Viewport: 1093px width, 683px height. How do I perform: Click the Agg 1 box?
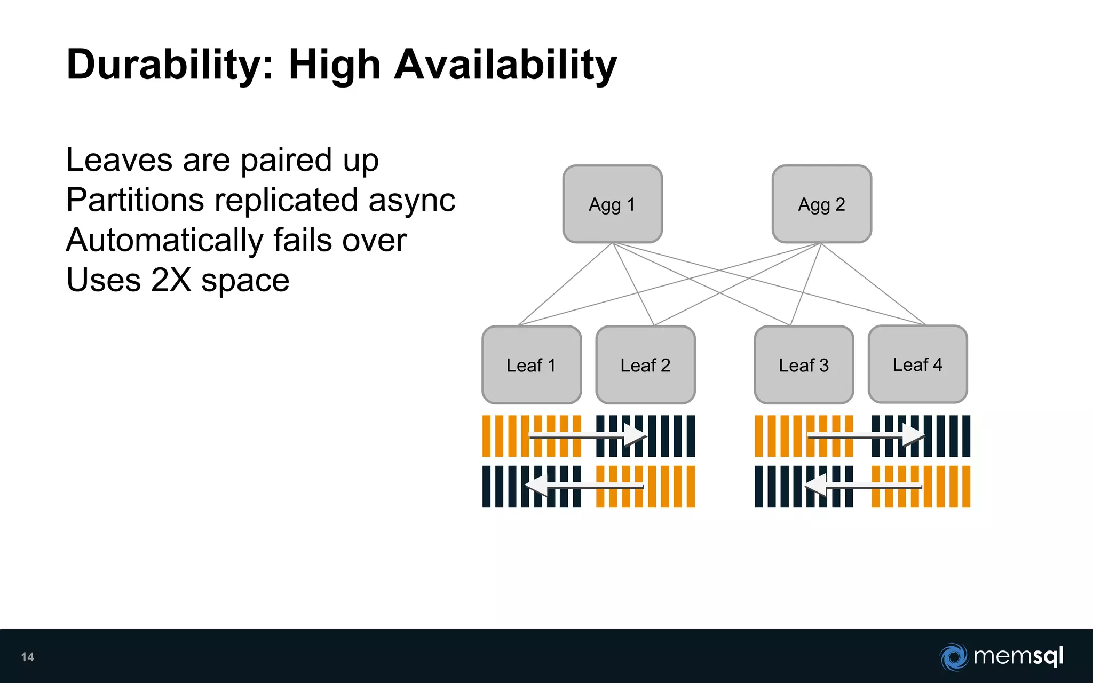pos(612,204)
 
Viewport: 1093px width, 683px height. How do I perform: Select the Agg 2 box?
pos(821,204)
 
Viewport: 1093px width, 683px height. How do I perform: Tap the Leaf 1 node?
pos(532,365)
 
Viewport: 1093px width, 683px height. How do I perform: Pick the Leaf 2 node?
pos(645,365)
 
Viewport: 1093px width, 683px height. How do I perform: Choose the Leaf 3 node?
pos(804,365)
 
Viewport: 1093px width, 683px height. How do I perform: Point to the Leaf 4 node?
pos(917,364)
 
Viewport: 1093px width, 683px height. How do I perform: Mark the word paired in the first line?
pos(286,160)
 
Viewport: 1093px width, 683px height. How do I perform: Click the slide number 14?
pos(28,657)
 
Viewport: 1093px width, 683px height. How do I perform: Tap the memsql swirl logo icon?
pos(953,656)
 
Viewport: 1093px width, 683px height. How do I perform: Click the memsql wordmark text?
pos(1018,656)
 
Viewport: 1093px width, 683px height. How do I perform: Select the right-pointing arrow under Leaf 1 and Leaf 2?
pos(587,436)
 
